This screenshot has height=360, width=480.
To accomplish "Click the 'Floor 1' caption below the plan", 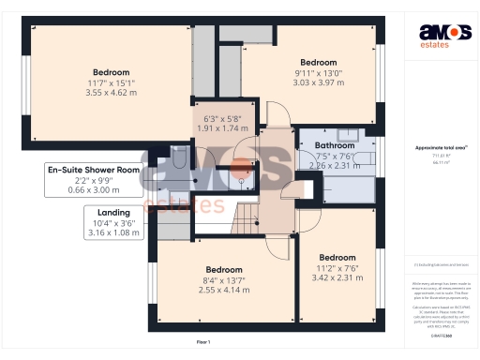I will [x=202, y=341].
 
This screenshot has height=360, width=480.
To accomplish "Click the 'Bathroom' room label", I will [x=335, y=146].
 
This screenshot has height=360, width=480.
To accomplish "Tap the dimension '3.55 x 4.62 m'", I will [x=112, y=93].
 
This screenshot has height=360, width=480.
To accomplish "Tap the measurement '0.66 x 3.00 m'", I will [x=95, y=190].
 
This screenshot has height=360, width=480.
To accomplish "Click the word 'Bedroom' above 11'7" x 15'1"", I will [x=112, y=72].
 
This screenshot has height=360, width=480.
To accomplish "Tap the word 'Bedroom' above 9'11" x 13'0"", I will [x=317, y=62].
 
